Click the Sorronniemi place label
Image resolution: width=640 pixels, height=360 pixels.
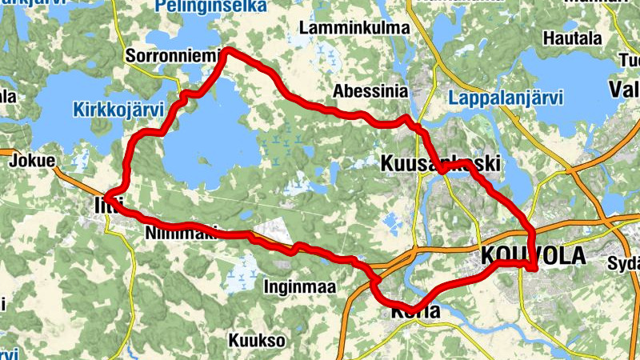pyautogui.click(x=165, y=56)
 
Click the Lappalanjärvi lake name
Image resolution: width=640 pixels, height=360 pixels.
pyautogui.click(x=506, y=98)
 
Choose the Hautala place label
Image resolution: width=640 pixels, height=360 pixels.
pyautogui.click(x=572, y=38)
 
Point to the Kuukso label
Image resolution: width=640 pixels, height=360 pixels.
pyautogui.click(x=257, y=340)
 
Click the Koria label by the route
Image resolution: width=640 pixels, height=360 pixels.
pyautogui.click(x=416, y=312)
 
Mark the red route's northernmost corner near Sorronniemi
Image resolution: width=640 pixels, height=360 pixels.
pyautogui.click(x=227, y=51)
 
